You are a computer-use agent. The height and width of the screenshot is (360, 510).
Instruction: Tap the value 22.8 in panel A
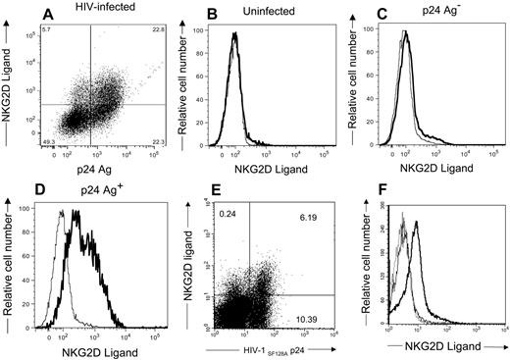coord(148,31)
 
